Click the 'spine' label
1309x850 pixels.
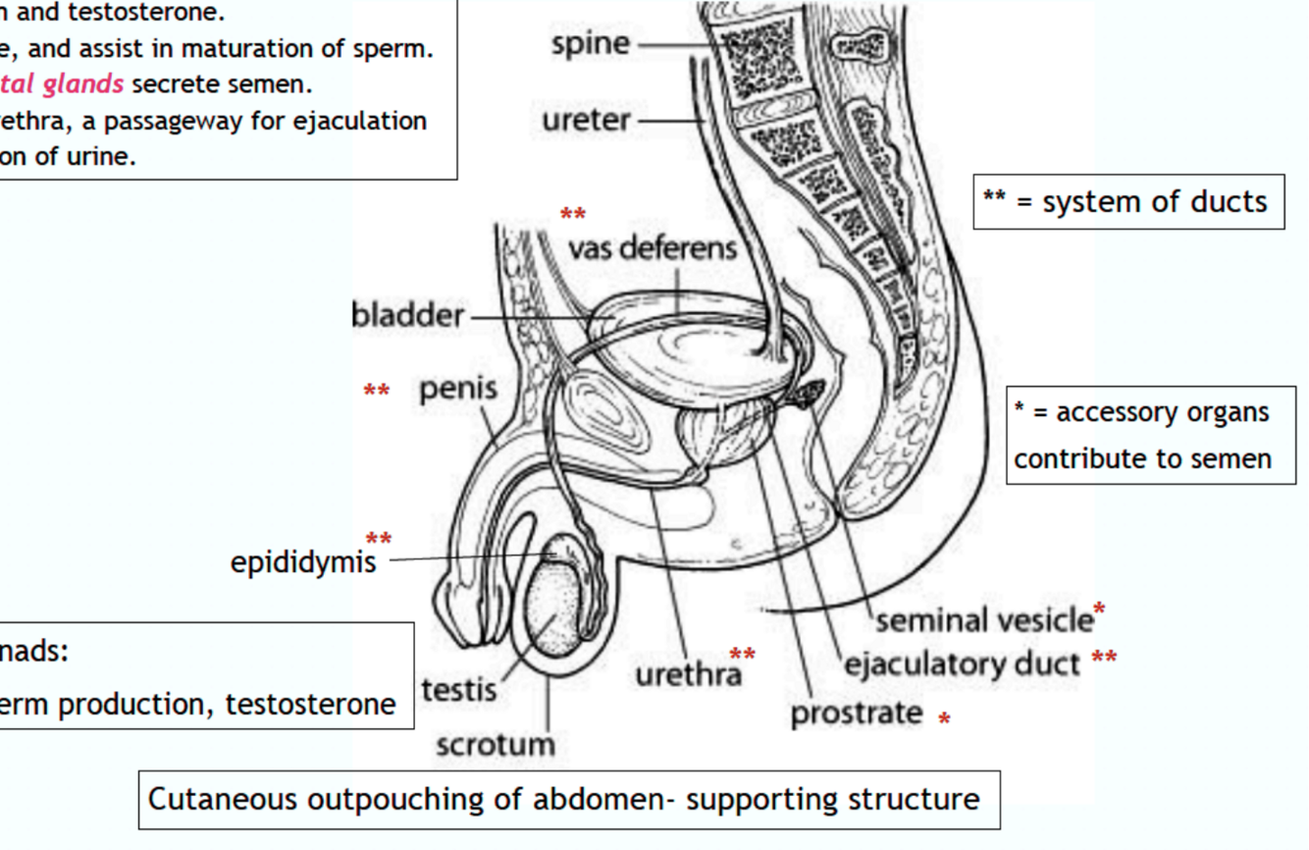(590, 44)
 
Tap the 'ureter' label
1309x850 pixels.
(586, 121)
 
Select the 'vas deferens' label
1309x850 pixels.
(652, 247)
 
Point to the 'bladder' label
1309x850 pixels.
(407, 315)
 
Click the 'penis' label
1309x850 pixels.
(458, 389)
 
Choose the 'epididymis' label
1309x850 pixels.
(303, 561)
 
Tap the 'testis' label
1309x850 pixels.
(458, 689)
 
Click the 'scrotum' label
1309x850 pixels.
(495, 744)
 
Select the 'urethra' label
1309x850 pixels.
(688, 675)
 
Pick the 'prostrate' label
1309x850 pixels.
(857, 714)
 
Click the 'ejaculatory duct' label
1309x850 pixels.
(962, 664)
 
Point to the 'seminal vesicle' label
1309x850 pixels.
(983, 620)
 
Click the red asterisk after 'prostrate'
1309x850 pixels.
(944, 719)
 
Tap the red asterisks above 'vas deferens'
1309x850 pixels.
(573, 215)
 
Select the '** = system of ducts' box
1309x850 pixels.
(1128, 202)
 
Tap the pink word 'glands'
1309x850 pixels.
(82, 84)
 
